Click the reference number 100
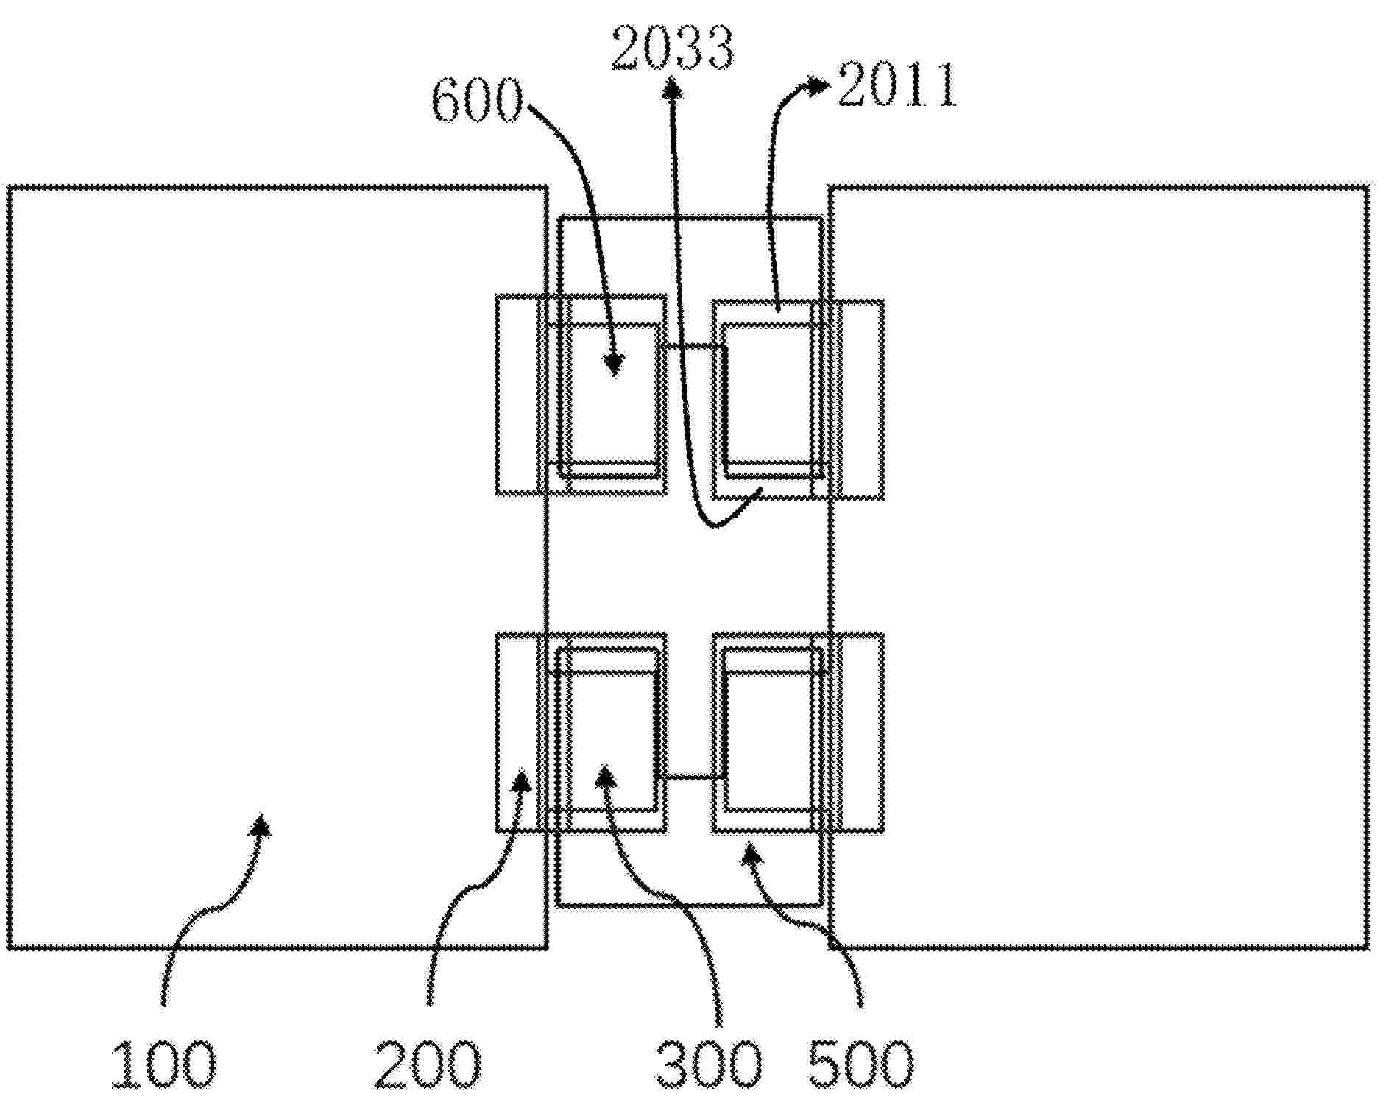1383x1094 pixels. coord(164,1063)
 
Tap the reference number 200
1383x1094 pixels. coord(428,1063)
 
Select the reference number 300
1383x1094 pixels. coord(708,1063)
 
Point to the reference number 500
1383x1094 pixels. coord(860,1063)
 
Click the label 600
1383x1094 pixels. coord(477,102)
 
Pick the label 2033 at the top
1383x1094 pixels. coord(672,48)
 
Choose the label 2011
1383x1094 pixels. coord(896,85)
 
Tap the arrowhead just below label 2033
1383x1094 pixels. coord(671,89)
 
